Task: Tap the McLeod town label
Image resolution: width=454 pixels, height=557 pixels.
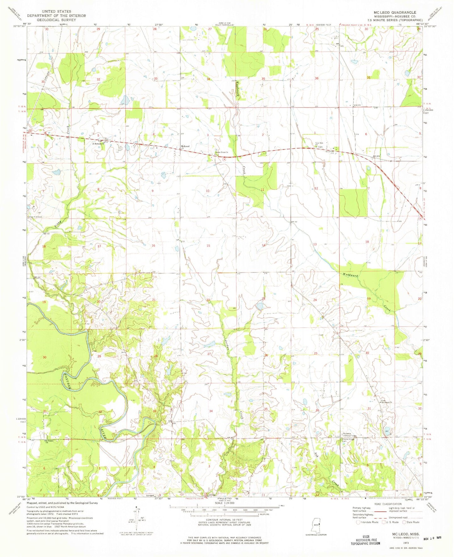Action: tap(185, 147)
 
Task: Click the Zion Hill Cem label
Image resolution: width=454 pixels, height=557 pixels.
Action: tap(36, 217)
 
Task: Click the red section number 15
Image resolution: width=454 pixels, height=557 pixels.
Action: tap(208, 246)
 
